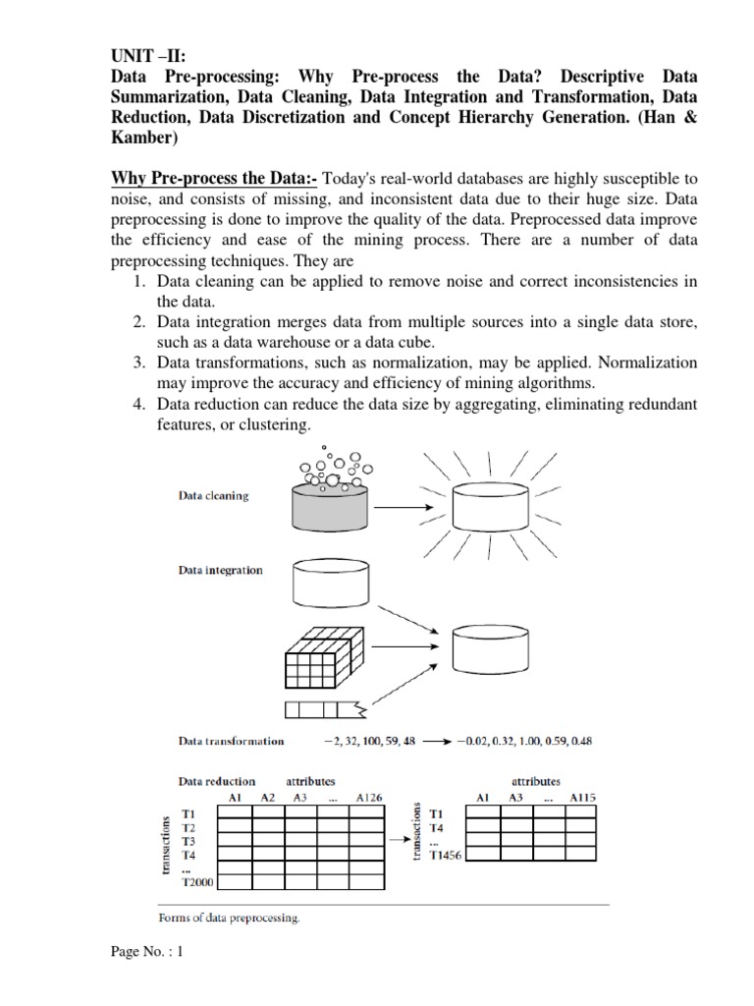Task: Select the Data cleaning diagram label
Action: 213,496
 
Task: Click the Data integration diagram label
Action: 220,570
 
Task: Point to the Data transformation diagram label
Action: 231,741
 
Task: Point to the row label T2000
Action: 199,883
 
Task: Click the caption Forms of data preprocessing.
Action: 229,920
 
